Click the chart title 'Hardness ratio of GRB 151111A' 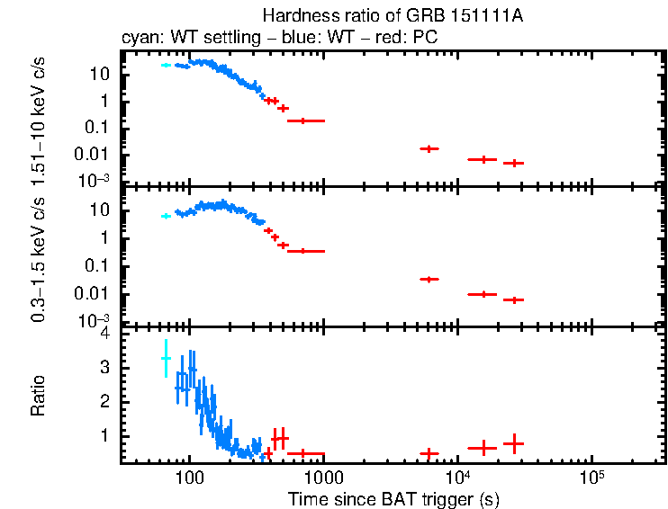393,16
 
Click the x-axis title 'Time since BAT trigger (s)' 393,498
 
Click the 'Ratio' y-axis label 39,397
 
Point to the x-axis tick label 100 189,477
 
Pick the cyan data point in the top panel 166,65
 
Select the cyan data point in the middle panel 166,216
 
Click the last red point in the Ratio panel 513,442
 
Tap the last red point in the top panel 513,163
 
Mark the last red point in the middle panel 513,299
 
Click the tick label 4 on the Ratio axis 104,334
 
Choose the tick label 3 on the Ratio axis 104,368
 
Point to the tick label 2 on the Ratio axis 104,401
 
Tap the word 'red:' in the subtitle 407,39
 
